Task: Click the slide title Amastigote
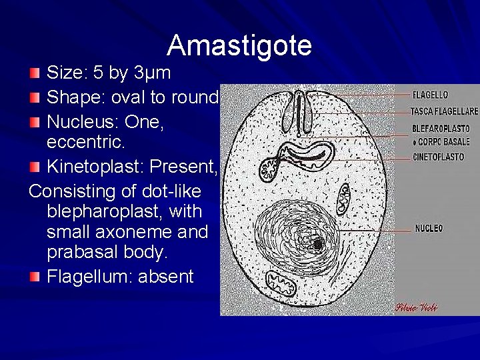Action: tap(239, 45)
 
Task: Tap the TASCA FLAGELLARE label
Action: tap(444, 111)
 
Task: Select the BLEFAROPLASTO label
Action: tap(441, 128)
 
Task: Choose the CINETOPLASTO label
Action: tap(438, 157)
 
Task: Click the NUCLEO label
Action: tap(429, 228)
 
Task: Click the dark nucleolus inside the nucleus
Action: tap(317, 245)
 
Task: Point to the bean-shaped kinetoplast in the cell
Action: tap(303, 152)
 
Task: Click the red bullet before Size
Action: tap(35, 72)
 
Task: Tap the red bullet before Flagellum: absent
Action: tap(35, 276)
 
